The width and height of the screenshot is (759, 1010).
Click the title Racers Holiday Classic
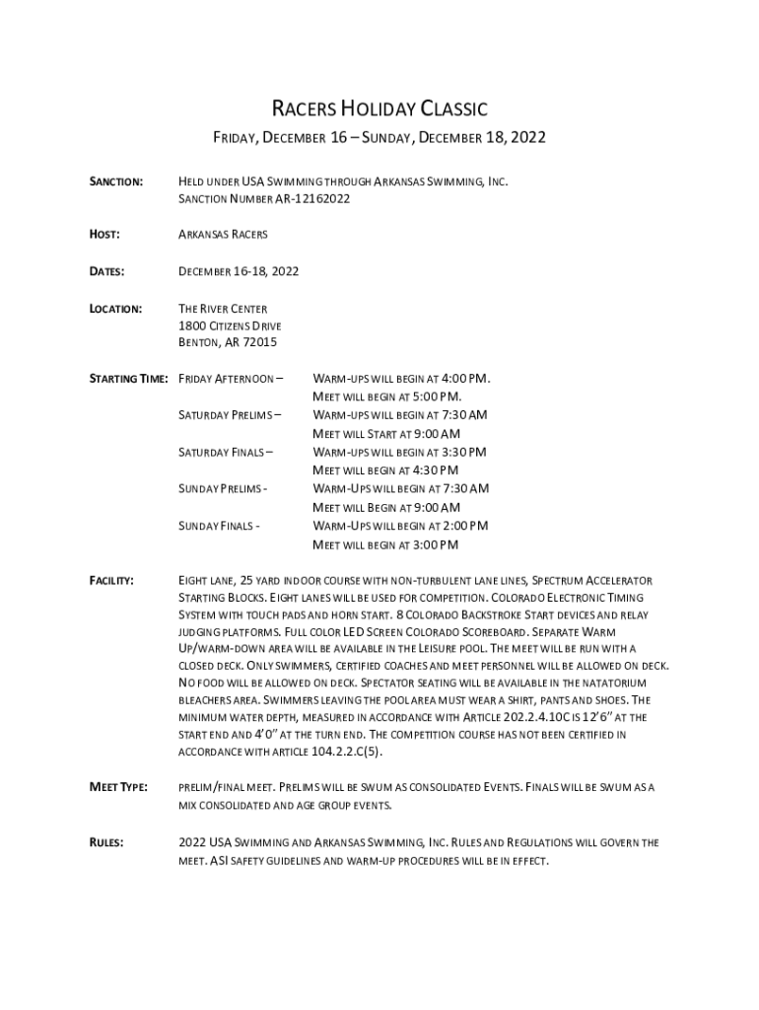[x=379, y=108]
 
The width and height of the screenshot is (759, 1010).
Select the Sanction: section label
[x=117, y=182]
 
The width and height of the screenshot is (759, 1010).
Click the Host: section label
[x=105, y=234]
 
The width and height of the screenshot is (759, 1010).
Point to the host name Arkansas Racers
[x=223, y=235]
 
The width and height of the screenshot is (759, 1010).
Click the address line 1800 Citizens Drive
[x=230, y=325]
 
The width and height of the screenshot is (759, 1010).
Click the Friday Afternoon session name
[x=230, y=379]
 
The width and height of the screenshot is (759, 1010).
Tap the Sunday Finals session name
[x=219, y=526]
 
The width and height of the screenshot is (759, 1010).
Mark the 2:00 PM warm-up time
[x=462, y=526]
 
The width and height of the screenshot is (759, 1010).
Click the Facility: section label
[x=112, y=581]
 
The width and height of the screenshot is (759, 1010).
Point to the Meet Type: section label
[x=119, y=787]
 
